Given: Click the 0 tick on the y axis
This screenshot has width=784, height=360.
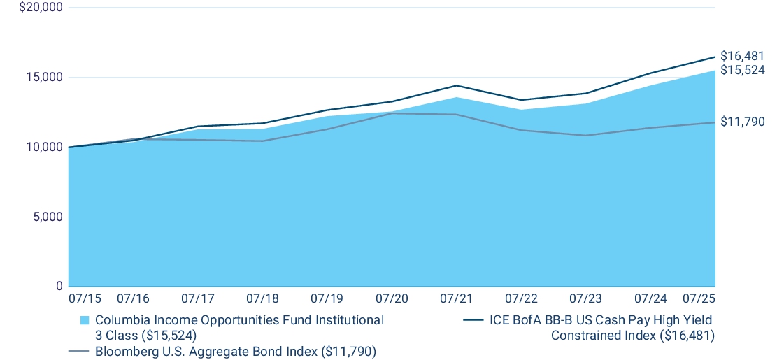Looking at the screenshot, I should [x=58, y=286].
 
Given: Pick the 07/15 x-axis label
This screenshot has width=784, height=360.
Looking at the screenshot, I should [x=85, y=298].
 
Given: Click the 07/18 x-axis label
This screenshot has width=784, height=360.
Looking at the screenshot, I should [x=262, y=298].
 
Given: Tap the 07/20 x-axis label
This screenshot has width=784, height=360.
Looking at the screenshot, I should [x=392, y=298].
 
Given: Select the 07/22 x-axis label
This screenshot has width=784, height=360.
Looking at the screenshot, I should [x=520, y=298].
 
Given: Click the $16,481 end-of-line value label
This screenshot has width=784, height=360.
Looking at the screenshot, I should [x=742, y=56].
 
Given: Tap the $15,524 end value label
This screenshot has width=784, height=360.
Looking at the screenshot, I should [x=742, y=70].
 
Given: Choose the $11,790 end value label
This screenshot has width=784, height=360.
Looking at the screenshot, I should [x=742, y=122].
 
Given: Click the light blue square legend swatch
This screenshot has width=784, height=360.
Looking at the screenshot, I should [x=85, y=320].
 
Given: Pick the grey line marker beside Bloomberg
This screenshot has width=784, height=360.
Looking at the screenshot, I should [x=78, y=352].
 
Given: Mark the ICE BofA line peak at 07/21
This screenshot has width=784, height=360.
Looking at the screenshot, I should [x=456, y=85].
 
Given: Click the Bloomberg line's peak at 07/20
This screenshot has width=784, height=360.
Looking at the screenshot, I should [x=392, y=113].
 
